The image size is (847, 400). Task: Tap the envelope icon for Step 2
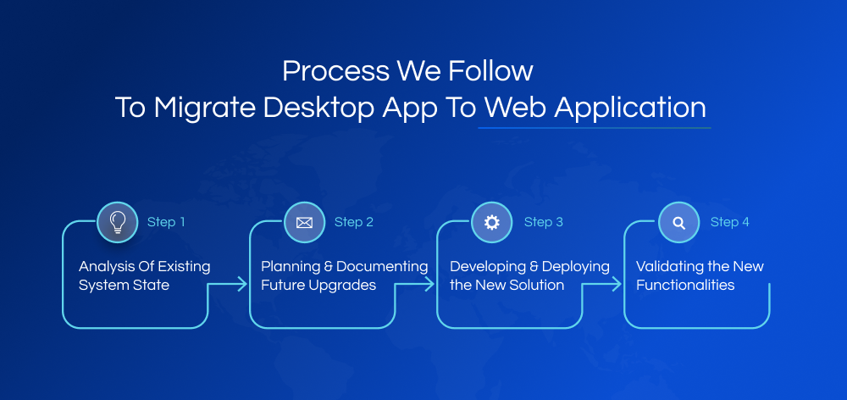[x=304, y=222]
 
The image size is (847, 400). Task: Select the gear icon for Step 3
[x=491, y=222]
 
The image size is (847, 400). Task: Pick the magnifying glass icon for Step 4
[x=678, y=222]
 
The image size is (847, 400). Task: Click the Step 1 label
[x=166, y=222]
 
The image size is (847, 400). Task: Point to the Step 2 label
[x=354, y=222]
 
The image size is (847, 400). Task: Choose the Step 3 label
[x=544, y=222]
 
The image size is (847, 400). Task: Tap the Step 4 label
[x=730, y=222]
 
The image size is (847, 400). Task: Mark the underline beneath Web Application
[x=594, y=128]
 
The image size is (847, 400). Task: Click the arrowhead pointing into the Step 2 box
[x=245, y=286]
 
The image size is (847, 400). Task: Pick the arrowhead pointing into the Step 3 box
[x=432, y=286]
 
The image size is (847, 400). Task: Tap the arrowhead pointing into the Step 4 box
[x=619, y=286]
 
